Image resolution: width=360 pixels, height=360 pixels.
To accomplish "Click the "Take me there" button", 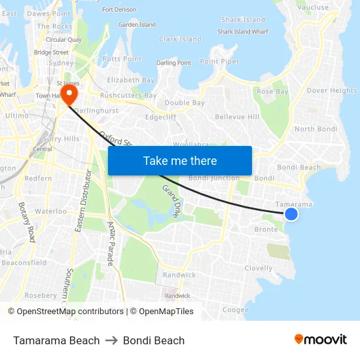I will [x=180, y=160].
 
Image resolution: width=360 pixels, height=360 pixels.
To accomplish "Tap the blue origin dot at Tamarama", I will [x=291, y=214].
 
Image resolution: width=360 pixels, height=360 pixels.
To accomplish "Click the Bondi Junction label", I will [x=213, y=178].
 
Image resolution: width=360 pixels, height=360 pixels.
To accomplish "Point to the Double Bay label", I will [x=185, y=103].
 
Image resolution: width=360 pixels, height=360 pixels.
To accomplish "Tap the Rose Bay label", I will [x=272, y=92].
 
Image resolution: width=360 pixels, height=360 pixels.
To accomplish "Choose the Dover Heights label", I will [x=332, y=91].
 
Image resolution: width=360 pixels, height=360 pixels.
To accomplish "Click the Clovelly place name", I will [x=259, y=268].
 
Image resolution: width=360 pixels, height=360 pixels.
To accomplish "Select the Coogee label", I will [x=236, y=310].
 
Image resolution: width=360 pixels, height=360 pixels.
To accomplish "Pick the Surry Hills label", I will [x=61, y=139].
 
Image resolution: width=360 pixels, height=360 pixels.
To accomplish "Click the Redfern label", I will [x=38, y=179].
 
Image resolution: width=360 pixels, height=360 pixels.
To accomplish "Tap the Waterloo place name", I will [x=50, y=211].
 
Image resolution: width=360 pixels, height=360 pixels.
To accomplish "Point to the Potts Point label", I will [x=122, y=59].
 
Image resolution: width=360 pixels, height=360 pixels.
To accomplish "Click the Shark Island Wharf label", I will [x=243, y=31].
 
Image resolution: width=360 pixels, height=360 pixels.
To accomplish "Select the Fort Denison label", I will [x=119, y=10].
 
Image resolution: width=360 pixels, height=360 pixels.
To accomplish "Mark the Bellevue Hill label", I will [x=237, y=117].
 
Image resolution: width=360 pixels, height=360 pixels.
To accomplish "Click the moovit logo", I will [x=320, y=339].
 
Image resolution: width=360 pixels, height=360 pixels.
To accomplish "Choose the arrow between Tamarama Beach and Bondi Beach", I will [x=111, y=340].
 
